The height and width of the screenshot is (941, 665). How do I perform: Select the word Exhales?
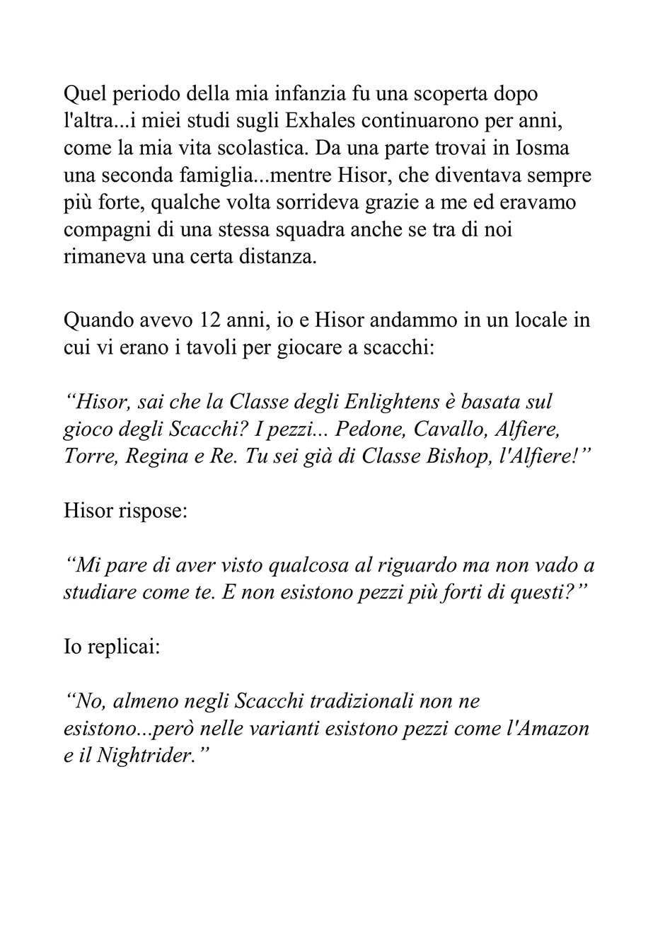click(319, 121)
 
